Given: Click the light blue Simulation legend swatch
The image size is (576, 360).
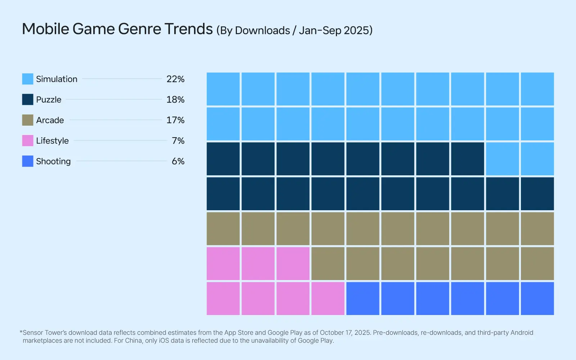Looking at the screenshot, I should [x=27, y=79].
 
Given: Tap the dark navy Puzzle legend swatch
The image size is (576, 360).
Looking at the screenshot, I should [x=27, y=99].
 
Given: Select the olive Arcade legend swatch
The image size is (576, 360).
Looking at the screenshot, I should [x=27, y=120].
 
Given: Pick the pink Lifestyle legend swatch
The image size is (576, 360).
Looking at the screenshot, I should [x=27, y=140].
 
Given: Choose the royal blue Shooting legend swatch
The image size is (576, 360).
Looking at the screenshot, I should [x=27, y=161].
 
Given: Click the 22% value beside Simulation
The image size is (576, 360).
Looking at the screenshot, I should [x=175, y=79].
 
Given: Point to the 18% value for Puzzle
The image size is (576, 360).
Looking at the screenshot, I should [x=175, y=99].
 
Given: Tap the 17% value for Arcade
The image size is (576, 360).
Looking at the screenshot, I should [x=175, y=120].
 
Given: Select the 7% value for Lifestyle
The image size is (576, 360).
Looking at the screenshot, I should [x=178, y=140].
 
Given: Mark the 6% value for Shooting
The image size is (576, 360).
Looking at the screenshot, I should [x=178, y=161].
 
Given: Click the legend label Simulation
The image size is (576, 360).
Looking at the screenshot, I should [x=57, y=79].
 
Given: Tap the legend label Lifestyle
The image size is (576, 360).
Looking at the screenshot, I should [x=52, y=140].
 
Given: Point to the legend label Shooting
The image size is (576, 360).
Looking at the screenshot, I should [x=53, y=161].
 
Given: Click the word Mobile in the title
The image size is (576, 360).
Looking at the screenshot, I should [x=45, y=29].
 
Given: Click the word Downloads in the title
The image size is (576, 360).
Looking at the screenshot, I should [x=262, y=30].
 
